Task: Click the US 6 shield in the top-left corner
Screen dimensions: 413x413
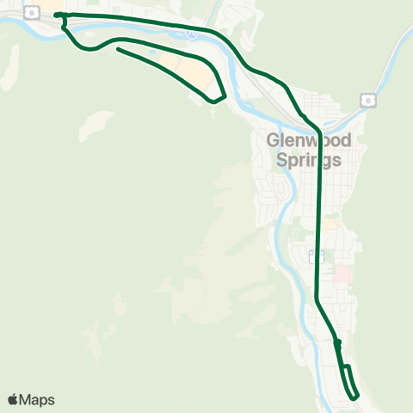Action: pos(33,11)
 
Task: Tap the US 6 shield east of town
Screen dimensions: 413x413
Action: pos(367,100)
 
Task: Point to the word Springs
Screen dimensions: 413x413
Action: pos(309,159)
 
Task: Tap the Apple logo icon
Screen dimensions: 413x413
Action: pos(13,399)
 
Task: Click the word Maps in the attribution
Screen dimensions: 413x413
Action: pos(37,399)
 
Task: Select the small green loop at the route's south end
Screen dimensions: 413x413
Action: pos(348,382)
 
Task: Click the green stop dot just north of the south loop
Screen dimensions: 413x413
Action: pos(338,342)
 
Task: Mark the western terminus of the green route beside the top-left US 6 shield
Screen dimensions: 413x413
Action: pos(57,15)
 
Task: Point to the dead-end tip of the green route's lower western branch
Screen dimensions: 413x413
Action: pos(117,49)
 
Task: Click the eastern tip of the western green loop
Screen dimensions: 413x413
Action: pos(224,96)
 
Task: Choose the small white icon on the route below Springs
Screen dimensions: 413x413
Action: pos(314,256)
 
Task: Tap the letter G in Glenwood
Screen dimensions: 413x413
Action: pos(274,140)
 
